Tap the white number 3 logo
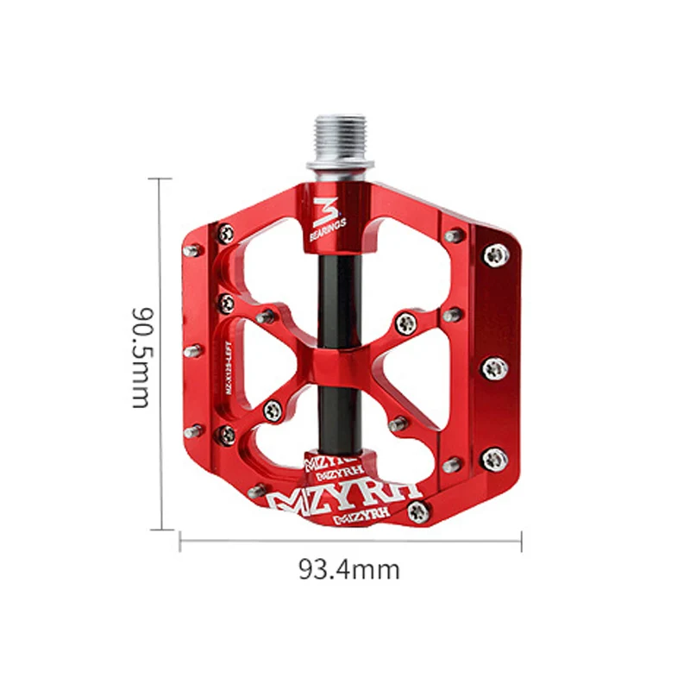(x=326, y=209)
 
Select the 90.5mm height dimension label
(x=141, y=355)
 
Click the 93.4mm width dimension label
(x=349, y=569)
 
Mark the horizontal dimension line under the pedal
(x=350, y=541)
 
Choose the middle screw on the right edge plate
(x=493, y=368)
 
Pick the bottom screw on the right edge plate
(x=492, y=458)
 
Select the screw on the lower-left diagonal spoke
(x=273, y=410)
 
